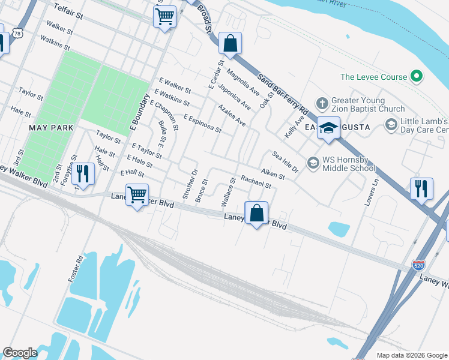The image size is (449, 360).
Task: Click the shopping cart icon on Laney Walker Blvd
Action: point(137,194)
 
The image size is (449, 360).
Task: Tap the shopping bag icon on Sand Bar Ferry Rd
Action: point(230,43)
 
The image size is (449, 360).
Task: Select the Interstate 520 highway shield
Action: point(420,265)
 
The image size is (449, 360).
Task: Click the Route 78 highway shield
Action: point(17,34)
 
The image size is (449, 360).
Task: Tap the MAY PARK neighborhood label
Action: point(51,128)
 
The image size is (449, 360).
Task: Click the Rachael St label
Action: point(256,182)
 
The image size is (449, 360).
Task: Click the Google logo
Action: point(20,353)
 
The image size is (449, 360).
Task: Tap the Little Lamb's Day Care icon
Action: point(391,124)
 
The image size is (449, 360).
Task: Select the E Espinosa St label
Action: point(202,124)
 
